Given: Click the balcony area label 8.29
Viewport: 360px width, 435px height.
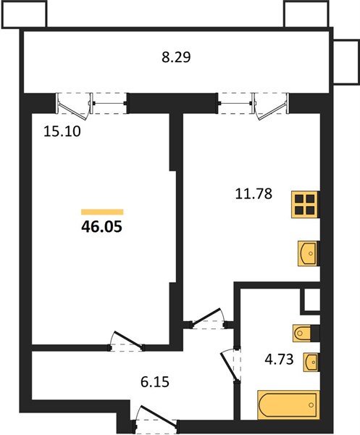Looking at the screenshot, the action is click(x=176, y=57).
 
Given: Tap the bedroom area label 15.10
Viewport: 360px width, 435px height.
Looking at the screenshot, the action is click(x=62, y=131).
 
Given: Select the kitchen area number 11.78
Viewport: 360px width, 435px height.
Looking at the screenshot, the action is click(x=254, y=194).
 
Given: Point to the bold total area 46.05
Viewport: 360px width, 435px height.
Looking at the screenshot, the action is click(x=101, y=227).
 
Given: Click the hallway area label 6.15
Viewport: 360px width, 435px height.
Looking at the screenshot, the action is click(x=155, y=382).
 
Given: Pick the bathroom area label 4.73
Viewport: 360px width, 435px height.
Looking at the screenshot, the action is click(x=279, y=360).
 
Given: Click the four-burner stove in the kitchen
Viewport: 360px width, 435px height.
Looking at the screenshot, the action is click(x=304, y=204).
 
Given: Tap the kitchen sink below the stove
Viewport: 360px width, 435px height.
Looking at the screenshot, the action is click(x=307, y=254).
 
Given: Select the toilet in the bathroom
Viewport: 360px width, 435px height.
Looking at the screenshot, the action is click(x=302, y=333).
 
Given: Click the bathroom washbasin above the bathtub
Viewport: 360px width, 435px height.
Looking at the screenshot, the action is click(x=311, y=362).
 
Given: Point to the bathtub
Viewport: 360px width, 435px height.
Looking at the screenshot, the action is click(x=288, y=405).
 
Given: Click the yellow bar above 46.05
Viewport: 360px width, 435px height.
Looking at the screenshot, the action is click(x=102, y=212).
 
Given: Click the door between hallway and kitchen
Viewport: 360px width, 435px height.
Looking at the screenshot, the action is click(x=208, y=318).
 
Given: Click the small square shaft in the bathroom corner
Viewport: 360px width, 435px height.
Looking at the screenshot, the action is click(x=311, y=300).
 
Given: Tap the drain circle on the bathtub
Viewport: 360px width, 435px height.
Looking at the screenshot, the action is click(x=311, y=405).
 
